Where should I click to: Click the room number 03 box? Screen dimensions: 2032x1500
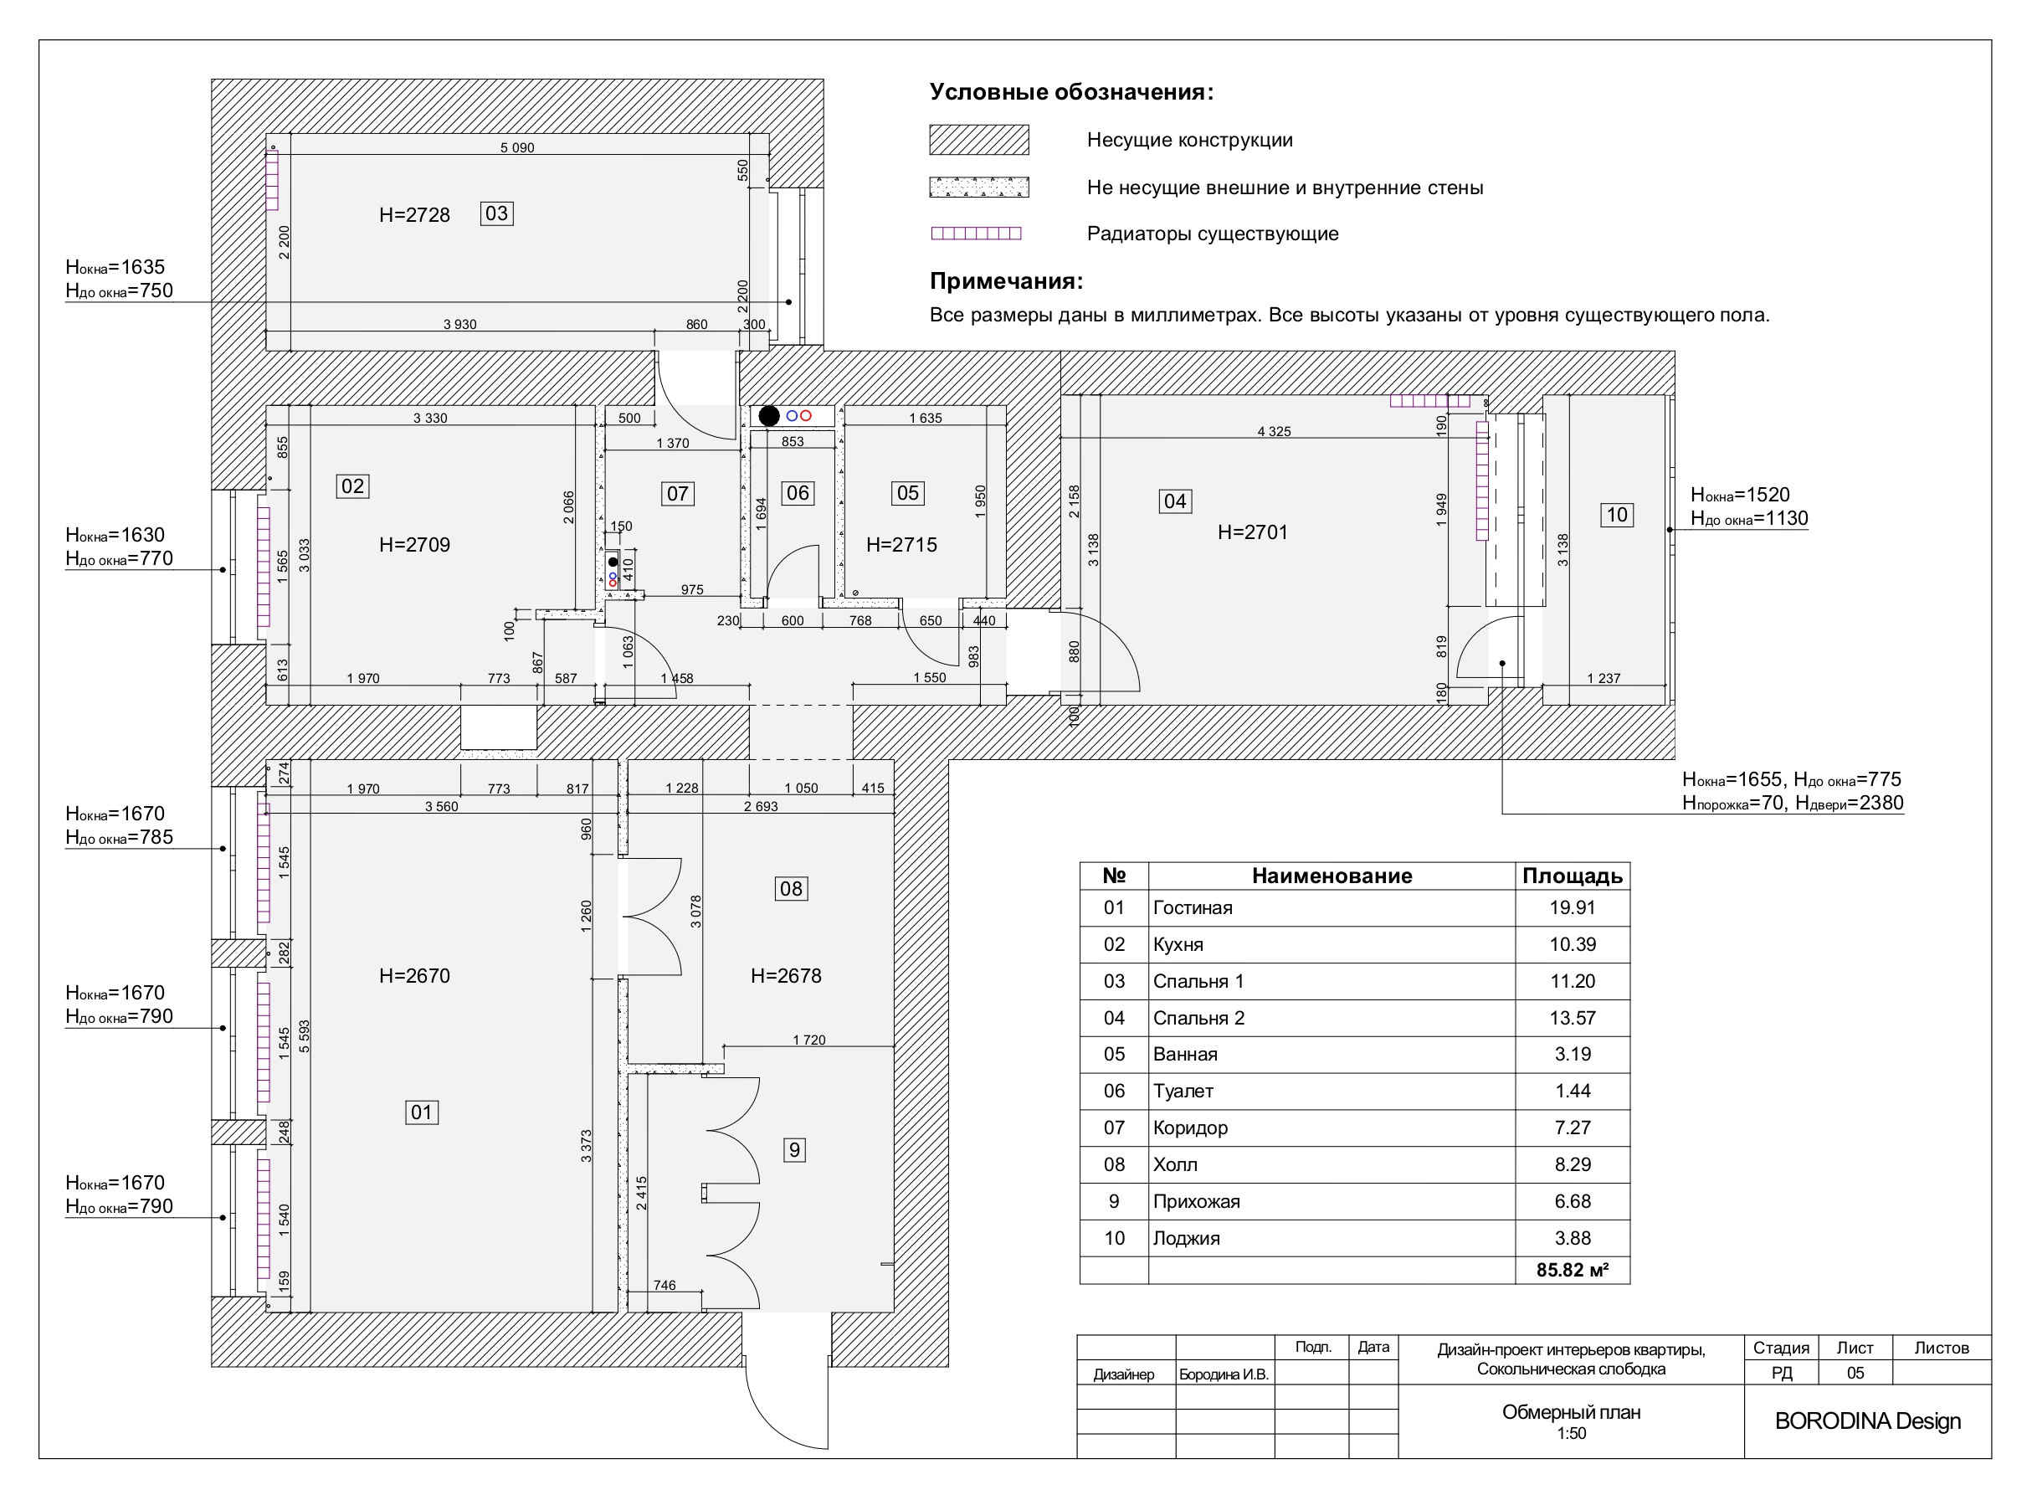496,213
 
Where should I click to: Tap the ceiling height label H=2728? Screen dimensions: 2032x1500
414,215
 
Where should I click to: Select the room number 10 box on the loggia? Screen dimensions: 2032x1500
1617,515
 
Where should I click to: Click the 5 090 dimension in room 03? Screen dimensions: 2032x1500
517,148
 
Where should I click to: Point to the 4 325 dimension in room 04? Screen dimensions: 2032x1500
1274,431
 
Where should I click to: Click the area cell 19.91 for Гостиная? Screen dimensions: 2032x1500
1573,908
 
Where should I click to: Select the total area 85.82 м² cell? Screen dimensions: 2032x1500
1573,1271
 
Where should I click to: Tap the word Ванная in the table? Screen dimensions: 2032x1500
1185,1054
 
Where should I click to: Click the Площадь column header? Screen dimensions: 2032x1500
1573,876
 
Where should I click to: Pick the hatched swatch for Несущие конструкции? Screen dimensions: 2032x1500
979,140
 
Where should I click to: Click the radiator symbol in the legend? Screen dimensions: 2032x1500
976,234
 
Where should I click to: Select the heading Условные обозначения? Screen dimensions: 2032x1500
1071,93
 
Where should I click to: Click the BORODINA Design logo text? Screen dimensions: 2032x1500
1868,1421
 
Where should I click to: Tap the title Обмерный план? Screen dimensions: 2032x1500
1572,1412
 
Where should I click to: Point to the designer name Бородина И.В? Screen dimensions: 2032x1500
1224,1374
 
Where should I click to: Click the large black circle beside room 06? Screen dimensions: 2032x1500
769,416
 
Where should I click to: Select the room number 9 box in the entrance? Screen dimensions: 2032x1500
794,1150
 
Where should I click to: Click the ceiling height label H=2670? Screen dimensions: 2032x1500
414,976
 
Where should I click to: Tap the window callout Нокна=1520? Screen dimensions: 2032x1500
1740,495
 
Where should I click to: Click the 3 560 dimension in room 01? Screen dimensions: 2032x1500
441,806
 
